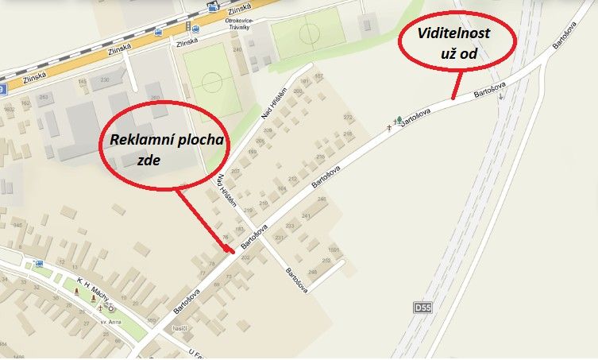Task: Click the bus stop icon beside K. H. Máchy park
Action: point(39,264)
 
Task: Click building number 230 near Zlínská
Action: point(105,79)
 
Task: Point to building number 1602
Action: point(10,108)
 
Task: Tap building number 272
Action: point(347,117)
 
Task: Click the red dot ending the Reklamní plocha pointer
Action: point(231,253)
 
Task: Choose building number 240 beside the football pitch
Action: point(237,49)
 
